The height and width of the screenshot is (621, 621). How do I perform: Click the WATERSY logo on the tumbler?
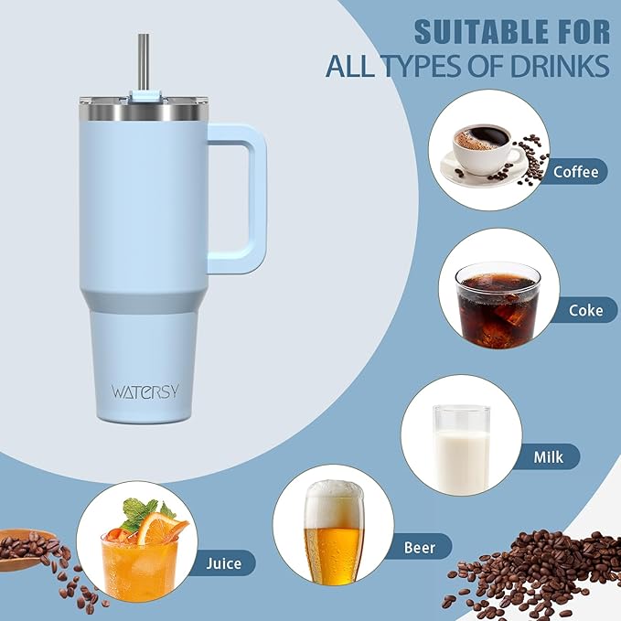(x=145, y=391)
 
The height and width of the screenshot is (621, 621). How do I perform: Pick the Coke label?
(x=585, y=310)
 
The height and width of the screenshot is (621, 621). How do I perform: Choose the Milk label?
(x=560, y=455)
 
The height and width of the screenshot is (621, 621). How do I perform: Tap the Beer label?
(x=426, y=548)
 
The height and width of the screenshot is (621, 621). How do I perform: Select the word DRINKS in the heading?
(x=560, y=66)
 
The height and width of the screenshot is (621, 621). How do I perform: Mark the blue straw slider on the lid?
(x=145, y=94)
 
